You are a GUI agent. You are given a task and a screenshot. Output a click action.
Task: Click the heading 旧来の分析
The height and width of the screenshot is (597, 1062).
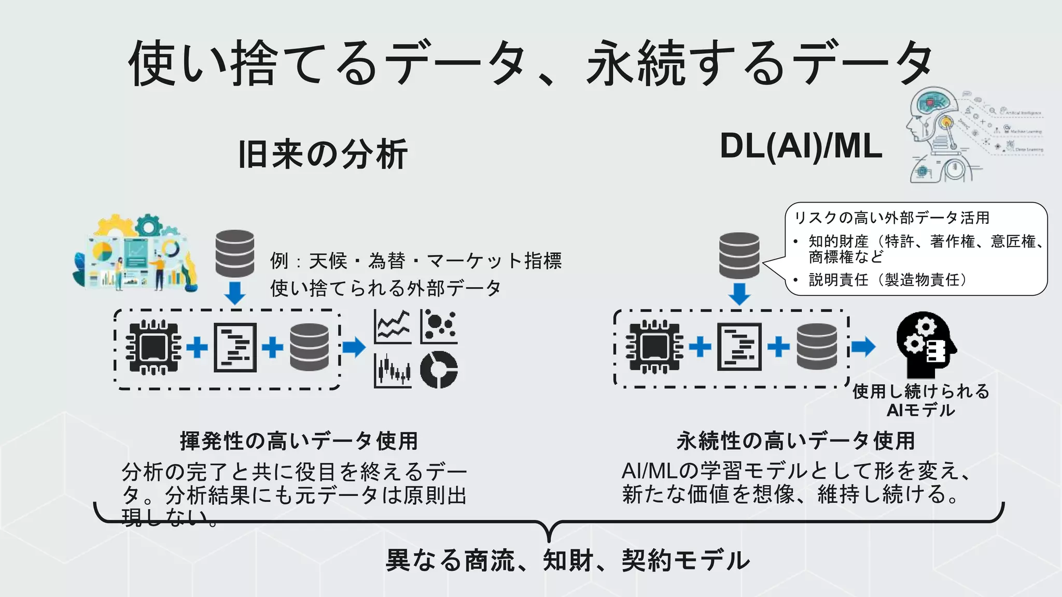323,154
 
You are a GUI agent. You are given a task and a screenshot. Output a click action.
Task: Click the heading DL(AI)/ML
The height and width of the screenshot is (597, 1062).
801,147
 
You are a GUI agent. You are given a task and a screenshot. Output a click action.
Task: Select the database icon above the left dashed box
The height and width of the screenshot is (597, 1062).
234,254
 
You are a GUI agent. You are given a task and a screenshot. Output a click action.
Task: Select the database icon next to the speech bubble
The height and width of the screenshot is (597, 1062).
739,255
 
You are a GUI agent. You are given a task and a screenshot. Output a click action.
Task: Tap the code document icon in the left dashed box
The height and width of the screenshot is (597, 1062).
235,347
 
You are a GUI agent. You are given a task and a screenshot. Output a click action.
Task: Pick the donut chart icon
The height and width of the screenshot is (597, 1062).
439,369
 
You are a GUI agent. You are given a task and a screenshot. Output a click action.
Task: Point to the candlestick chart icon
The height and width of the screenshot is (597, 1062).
393,371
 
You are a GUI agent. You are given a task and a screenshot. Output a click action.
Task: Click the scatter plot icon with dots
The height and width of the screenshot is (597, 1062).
439,326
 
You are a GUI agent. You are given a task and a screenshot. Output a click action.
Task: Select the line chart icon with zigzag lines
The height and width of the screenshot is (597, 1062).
393,326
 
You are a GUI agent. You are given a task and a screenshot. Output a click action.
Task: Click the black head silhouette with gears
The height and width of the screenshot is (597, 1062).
926,345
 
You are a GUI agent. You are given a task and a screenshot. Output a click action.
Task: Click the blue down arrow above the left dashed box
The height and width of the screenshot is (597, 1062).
235,293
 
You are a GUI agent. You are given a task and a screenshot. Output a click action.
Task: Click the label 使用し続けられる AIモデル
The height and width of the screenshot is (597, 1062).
921,401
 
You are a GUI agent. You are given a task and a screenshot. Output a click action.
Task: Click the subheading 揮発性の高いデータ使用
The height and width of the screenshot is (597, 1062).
299,441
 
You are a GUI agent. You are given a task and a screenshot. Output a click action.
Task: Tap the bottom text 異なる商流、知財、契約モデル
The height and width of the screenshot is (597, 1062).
568,561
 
